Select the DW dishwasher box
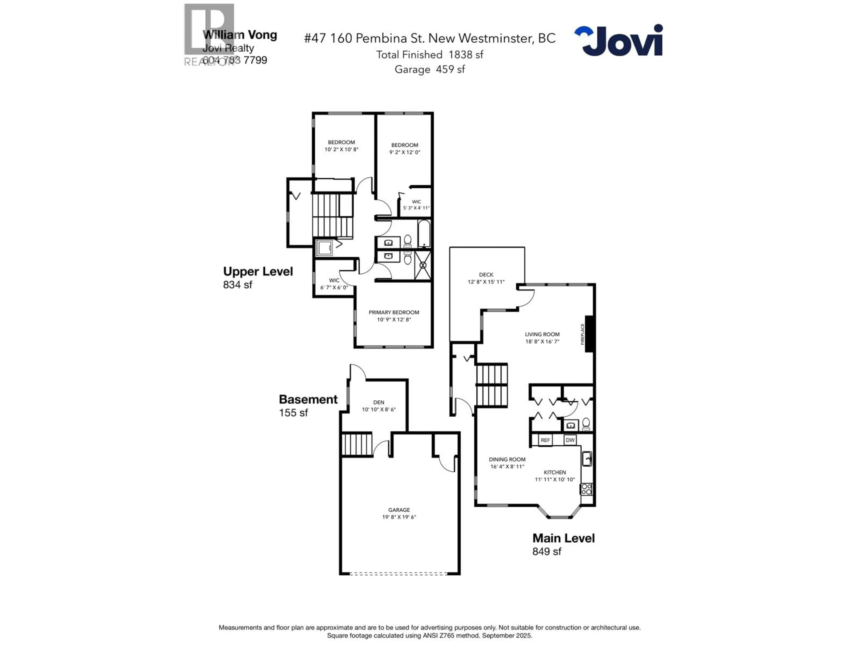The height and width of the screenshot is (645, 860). point(570,440)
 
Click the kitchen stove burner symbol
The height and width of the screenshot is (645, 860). point(586,489)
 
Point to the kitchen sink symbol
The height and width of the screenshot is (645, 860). point(587,459)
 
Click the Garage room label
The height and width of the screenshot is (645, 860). point(399,510)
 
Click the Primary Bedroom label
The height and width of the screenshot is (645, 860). point(394,312)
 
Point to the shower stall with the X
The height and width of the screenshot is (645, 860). point(423,265)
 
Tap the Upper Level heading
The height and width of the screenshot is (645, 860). point(258,271)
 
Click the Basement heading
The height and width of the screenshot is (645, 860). point(308,399)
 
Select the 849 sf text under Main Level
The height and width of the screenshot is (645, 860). point(547,551)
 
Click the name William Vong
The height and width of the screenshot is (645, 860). point(240,35)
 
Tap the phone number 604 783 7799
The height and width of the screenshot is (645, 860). point(235,60)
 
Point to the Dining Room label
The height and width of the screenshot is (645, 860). point(507,459)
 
